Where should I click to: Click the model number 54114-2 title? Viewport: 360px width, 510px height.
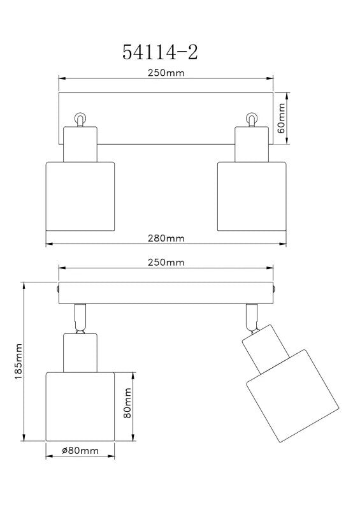(x=160, y=52)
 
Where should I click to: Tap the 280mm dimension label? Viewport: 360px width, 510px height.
(x=166, y=238)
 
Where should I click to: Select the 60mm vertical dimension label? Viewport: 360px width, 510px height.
(x=281, y=119)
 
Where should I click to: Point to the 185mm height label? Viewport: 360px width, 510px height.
(x=19, y=361)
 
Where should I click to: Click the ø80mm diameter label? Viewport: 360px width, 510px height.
(x=80, y=451)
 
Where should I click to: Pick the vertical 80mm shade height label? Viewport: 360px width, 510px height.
(x=127, y=403)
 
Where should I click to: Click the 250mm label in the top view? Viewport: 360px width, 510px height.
(x=166, y=73)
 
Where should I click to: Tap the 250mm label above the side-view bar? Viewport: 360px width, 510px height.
(x=166, y=262)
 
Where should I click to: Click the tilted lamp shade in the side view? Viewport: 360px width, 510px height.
(x=292, y=396)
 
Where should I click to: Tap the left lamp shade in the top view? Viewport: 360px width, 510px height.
(x=80, y=196)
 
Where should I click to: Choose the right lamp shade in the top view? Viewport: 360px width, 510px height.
(x=252, y=196)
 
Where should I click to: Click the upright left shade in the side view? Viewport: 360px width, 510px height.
(x=80, y=407)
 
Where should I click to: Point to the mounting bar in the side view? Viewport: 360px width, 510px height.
(x=166, y=293)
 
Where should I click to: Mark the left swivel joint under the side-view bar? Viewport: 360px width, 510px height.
(x=80, y=319)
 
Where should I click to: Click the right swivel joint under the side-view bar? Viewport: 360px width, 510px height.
(x=252, y=317)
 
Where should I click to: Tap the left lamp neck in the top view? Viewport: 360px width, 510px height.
(x=80, y=144)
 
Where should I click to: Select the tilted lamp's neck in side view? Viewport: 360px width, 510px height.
(x=266, y=348)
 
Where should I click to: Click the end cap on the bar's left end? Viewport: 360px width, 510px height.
(x=57, y=289)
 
